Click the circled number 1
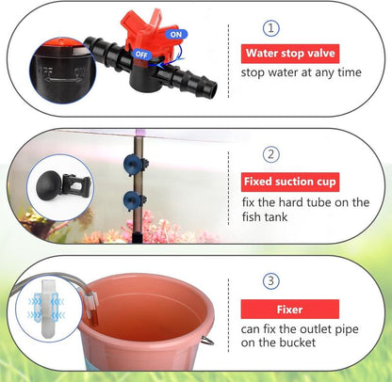pyautogui.click(x=271, y=28)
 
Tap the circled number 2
pyautogui.click(x=271, y=153)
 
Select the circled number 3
pyautogui.click(x=271, y=279)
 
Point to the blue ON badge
pyautogui.click(x=175, y=33)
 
